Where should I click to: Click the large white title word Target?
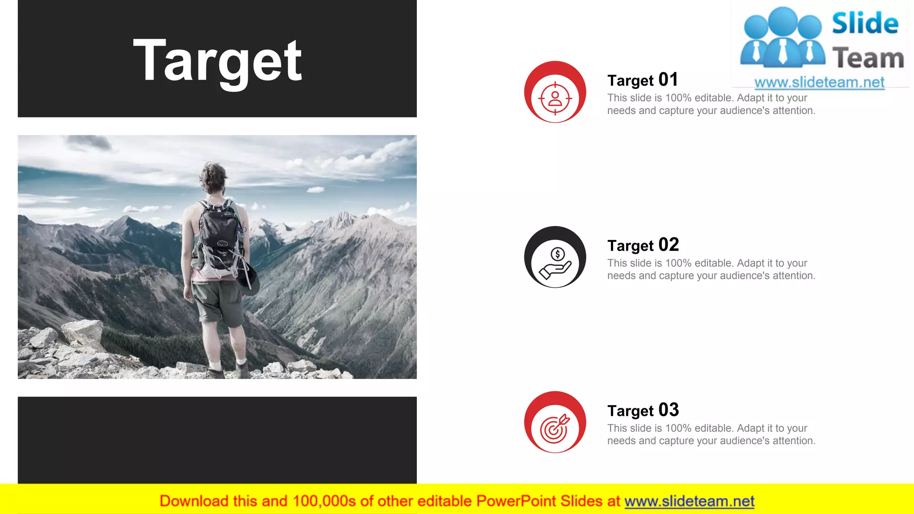(218, 61)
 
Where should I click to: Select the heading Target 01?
(643, 80)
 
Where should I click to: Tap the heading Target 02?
(643, 245)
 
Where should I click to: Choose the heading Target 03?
(643, 410)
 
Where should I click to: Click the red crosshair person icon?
(555, 98)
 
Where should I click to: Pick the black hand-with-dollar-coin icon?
(555, 263)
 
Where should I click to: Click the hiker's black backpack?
(220, 236)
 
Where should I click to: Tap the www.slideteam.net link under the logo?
(819, 83)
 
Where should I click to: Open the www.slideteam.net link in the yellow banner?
(689, 502)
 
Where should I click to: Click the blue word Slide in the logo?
(865, 23)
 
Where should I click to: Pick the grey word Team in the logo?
(868, 58)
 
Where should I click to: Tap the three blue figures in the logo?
(782, 38)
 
